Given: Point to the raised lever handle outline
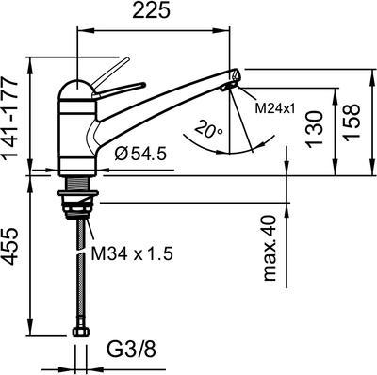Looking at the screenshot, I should [114, 71].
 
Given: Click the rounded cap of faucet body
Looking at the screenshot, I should [75, 90].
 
